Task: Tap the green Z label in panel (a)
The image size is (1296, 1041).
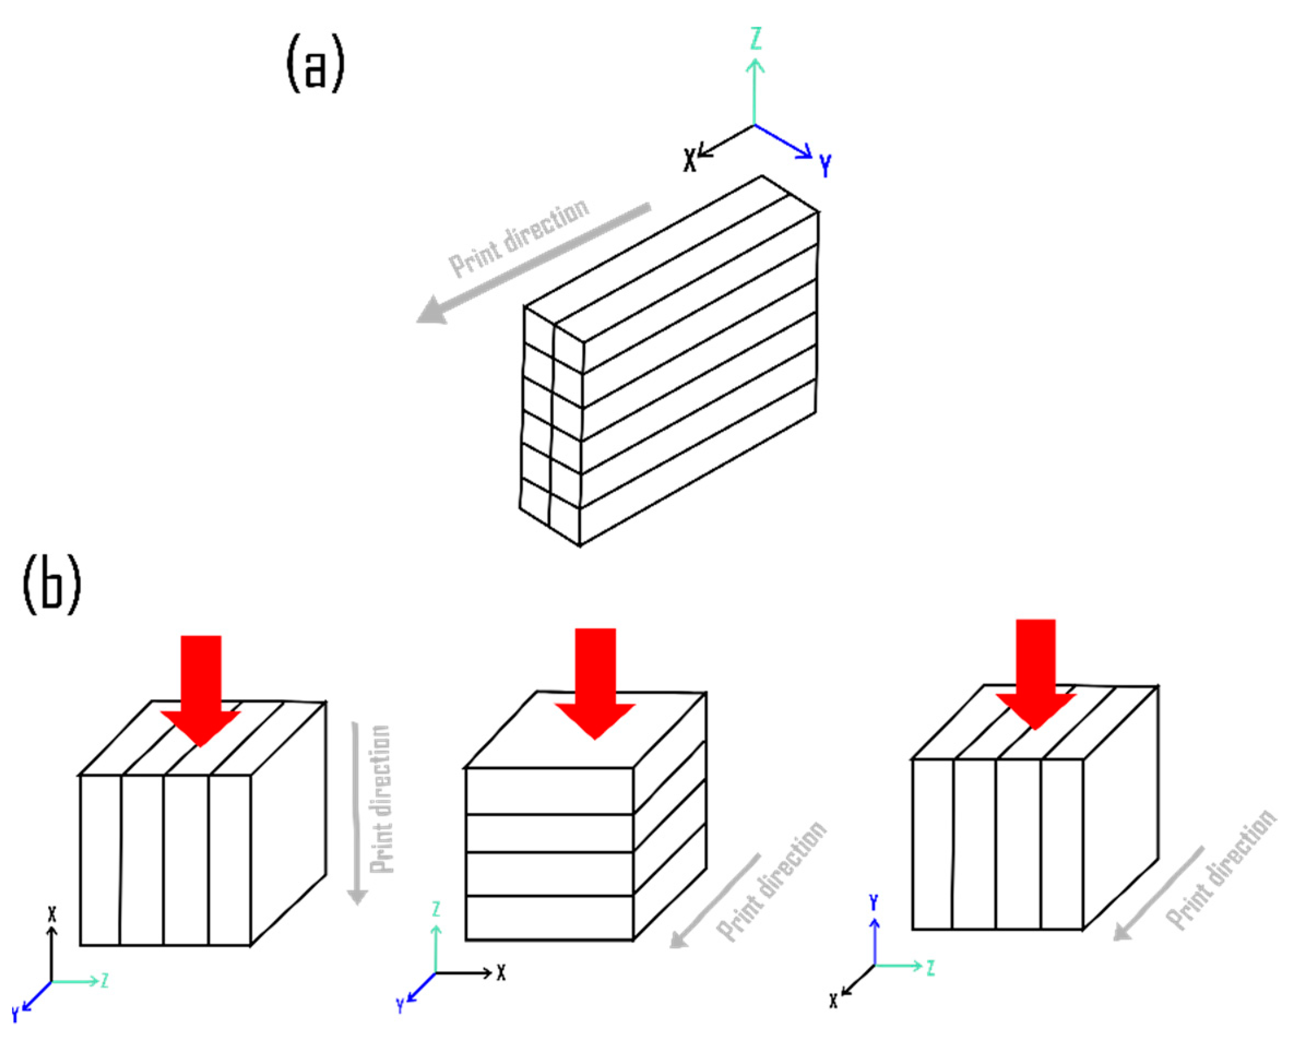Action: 756,38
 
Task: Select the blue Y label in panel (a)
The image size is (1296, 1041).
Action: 825,165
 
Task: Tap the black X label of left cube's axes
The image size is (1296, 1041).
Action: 52,915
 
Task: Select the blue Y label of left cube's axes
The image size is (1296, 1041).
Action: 16,1015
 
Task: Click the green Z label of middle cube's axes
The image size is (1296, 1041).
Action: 436,909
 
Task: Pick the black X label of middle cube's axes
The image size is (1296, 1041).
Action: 501,972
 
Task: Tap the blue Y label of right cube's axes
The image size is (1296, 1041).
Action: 874,902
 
